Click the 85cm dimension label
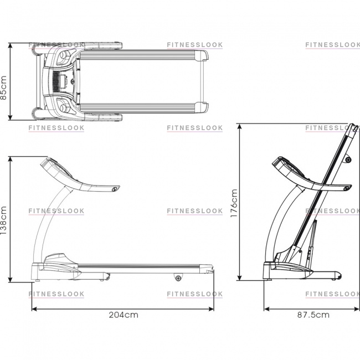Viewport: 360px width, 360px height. (x=4, y=88)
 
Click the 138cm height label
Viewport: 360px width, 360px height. (x=4, y=220)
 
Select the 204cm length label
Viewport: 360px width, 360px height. (x=124, y=315)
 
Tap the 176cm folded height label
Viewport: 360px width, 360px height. (x=234, y=203)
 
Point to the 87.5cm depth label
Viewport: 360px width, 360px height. (x=313, y=315)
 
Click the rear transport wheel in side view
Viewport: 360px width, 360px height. (x=178, y=278)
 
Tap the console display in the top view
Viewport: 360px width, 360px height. (x=63, y=82)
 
